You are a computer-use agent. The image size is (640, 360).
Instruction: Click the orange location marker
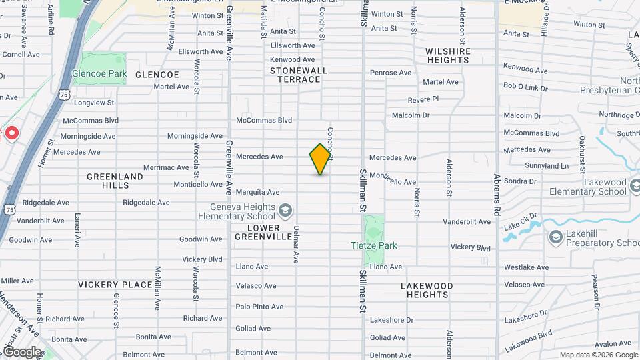click(x=321, y=159)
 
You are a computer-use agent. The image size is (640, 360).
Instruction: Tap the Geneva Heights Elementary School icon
click(x=285, y=211)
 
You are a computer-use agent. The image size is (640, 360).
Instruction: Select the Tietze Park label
click(x=374, y=245)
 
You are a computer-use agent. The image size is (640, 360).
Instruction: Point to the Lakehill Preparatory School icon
click(x=555, y=237)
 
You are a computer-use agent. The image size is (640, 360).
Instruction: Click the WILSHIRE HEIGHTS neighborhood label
click(x=448, y=55)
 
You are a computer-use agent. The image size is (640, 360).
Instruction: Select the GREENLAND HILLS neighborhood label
click(x=115, y=181)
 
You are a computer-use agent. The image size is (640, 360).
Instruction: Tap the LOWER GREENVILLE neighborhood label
click(x=263, y=232)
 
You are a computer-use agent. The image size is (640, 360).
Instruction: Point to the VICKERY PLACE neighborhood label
click(x=115, y=285)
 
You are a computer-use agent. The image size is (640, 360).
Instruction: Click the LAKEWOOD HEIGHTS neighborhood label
click(x=427, y=290)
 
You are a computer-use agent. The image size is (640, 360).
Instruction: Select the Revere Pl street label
click(x=424, y=99)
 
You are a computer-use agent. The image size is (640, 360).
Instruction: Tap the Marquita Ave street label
click(x=257, y=192)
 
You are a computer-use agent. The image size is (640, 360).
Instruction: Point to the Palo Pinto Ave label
click(x=259, y=307)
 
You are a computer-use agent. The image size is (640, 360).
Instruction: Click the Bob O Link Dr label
click(x=525, y=87)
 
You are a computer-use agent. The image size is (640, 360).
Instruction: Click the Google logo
click(x=22, y=351)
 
